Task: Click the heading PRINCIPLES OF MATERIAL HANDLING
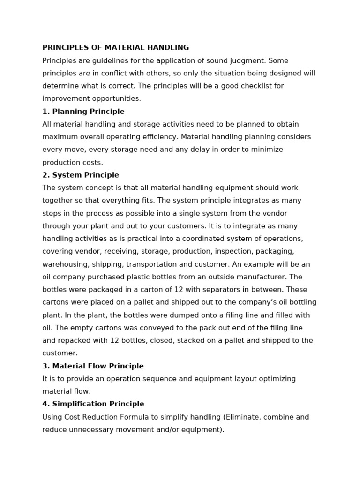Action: point(116,48)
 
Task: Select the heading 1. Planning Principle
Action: point(83,112)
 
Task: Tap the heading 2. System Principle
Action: point(81,175)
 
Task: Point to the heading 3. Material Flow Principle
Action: point(93,366)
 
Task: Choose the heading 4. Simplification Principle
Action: point(93,404)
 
